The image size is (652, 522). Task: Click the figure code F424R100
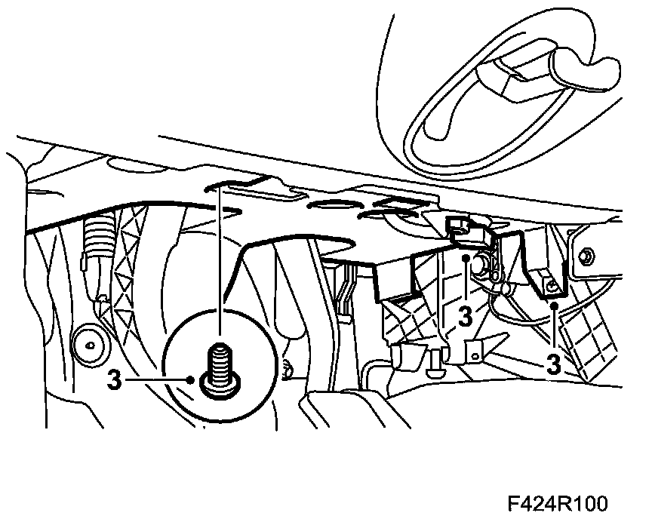tap(557, 503)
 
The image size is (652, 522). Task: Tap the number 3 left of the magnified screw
tap(114, 379)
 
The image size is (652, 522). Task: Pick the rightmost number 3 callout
tap(554, 365)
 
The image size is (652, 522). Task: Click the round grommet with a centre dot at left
tap(89, 345)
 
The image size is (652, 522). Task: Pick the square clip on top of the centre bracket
tap(456, 223)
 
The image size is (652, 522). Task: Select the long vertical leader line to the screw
tap(219, 264)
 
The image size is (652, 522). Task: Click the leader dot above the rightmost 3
tap(554, 306)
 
